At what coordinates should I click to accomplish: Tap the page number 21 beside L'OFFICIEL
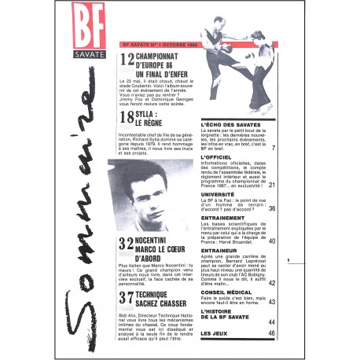point(271,186)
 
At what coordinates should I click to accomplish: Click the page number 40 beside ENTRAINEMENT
point(271,241)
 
